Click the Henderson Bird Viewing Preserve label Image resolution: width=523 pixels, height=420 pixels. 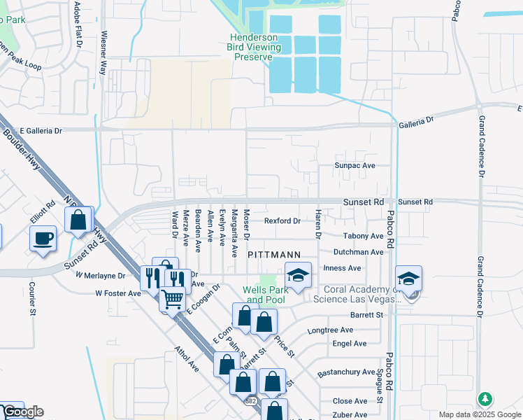tap(255, 47)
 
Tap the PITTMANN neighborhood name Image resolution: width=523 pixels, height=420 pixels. tap(275, 255)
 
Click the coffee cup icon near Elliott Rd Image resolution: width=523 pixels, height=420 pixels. tap(43, 238)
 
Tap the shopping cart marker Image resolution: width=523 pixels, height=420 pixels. tap(172, 299)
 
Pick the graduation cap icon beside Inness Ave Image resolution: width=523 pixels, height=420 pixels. tap(298, 275)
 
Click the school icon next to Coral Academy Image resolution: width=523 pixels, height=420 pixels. tap(408, 278)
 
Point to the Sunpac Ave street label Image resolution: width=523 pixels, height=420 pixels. tap(355, 166)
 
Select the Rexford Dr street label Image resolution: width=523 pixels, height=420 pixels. tap(282, 221)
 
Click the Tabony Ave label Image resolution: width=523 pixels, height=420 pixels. tap(363, 237)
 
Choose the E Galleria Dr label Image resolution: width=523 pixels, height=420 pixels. tap(41, 130)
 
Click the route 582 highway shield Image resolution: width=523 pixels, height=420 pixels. tap(250, 400)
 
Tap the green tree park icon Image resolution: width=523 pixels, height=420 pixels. tap(485, 399)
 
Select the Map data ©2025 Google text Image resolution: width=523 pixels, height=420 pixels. tap(479, 414)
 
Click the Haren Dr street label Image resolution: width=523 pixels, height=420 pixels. tap(317, 225)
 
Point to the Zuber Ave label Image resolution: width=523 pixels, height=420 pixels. tap(350, 415)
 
